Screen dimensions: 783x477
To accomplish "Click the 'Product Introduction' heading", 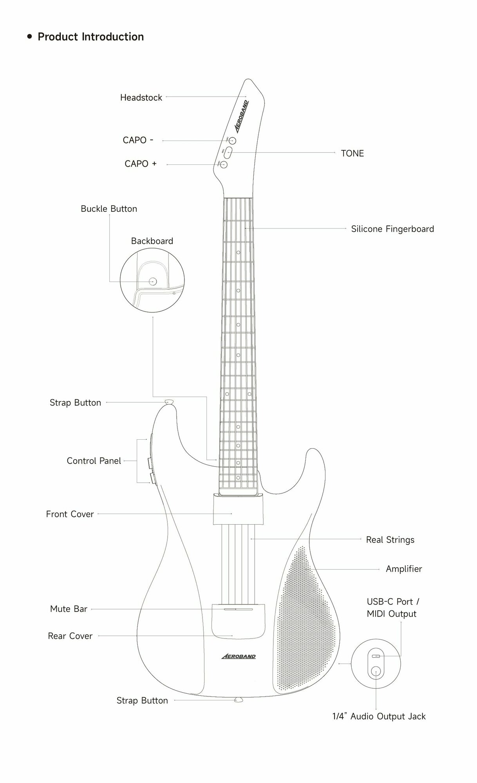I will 90,37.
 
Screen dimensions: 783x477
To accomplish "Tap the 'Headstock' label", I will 141,97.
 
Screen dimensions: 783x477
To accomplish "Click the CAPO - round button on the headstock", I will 232,141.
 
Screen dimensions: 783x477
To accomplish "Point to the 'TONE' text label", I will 352,153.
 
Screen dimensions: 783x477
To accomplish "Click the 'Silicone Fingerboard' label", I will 392,229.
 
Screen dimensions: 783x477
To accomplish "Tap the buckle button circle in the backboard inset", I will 153,281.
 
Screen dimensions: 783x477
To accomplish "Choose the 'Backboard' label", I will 152,241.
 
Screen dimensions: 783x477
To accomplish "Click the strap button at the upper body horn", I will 169,402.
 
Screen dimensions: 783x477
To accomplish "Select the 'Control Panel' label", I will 94,461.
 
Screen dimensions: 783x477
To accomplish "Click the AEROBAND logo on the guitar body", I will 238,656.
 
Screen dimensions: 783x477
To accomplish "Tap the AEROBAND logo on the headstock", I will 242,117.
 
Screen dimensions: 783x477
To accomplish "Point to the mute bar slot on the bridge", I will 238,610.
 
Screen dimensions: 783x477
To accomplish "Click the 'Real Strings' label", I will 390,540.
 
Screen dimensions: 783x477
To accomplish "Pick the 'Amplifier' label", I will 404,569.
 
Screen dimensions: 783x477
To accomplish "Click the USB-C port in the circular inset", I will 376,656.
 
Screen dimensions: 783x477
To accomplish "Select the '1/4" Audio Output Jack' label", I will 379,716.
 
